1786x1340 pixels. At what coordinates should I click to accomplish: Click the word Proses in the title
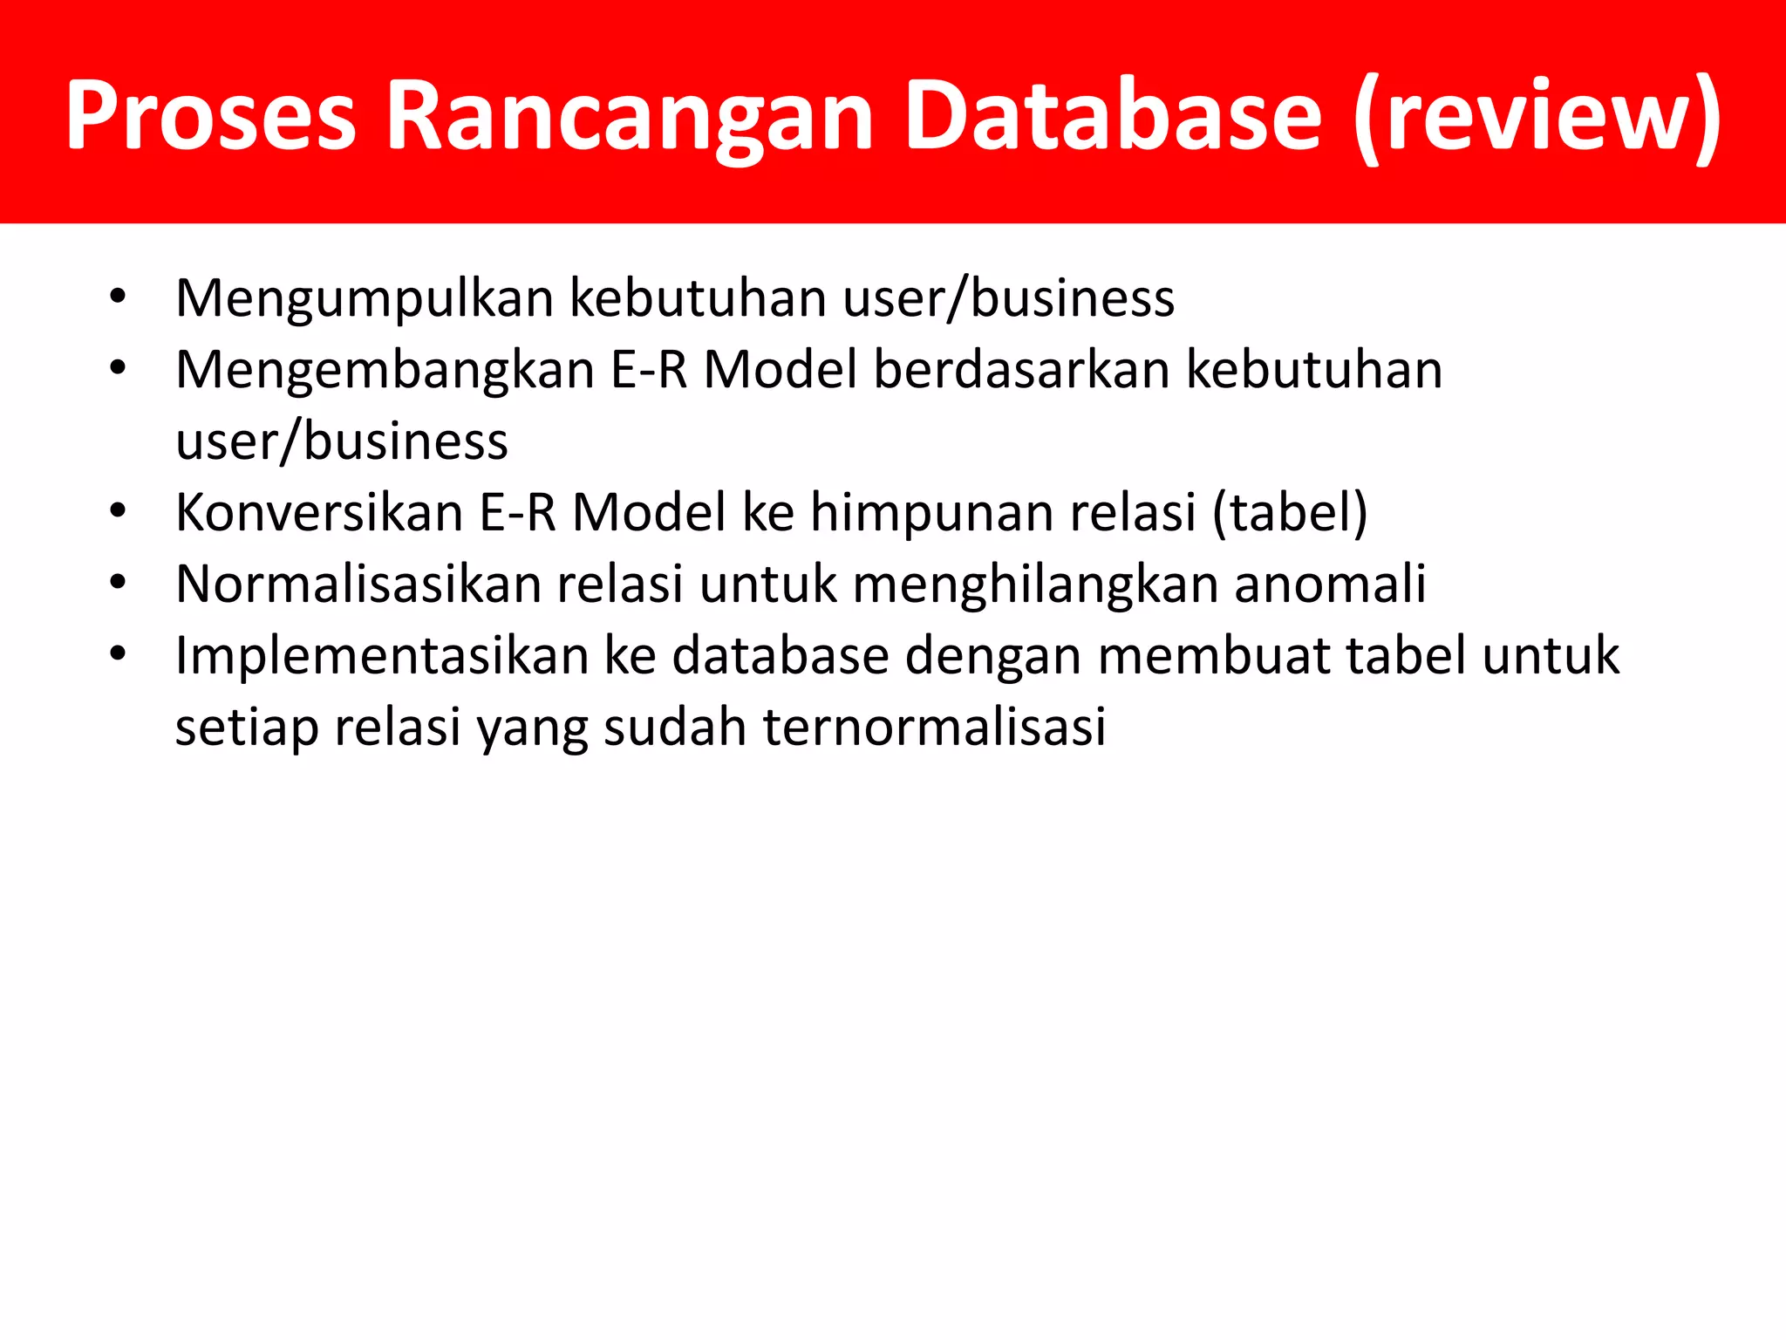click(210, 116)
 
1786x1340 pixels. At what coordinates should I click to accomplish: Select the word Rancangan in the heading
click(629, 116)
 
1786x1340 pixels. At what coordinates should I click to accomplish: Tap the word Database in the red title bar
click(1113, 116)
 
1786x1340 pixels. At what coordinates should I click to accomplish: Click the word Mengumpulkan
click(365, 299)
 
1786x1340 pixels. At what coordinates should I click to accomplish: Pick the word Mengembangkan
click(385, 370)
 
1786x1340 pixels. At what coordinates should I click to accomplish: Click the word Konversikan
click(319, 512)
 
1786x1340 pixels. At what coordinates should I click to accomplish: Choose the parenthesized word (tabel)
click(1290, 512)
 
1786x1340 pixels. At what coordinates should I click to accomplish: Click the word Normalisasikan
click(358, 584)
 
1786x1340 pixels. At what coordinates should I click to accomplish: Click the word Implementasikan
click(382, 656)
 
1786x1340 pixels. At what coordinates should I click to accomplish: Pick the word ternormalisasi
click(934, 727)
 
